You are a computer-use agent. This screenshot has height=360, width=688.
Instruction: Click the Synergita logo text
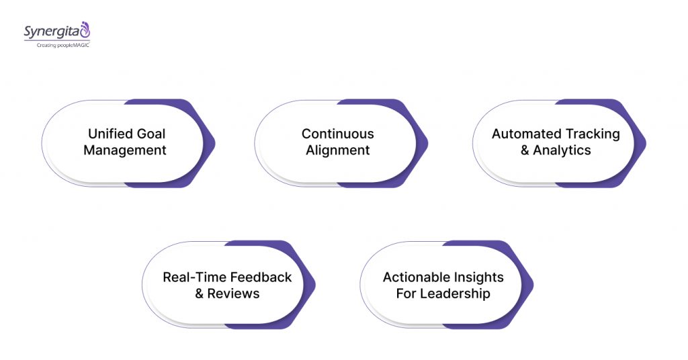(50, 31)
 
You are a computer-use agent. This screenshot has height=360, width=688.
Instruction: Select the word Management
(125, 150)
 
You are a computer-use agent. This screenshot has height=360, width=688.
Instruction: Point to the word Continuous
(337, 134)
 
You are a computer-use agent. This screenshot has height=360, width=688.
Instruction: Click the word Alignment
(337, 150)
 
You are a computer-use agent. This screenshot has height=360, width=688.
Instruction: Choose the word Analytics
(562, 150)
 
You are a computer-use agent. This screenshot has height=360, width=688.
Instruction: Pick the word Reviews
(233, 294)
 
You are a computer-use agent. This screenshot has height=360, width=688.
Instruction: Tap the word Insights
(478, 277)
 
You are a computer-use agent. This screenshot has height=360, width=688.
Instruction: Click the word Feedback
(261, 277)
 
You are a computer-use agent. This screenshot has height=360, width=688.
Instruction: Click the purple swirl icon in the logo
(85, 30)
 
